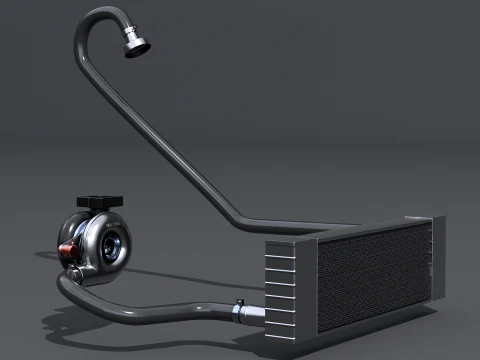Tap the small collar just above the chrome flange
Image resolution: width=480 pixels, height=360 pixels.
point(128,34)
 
